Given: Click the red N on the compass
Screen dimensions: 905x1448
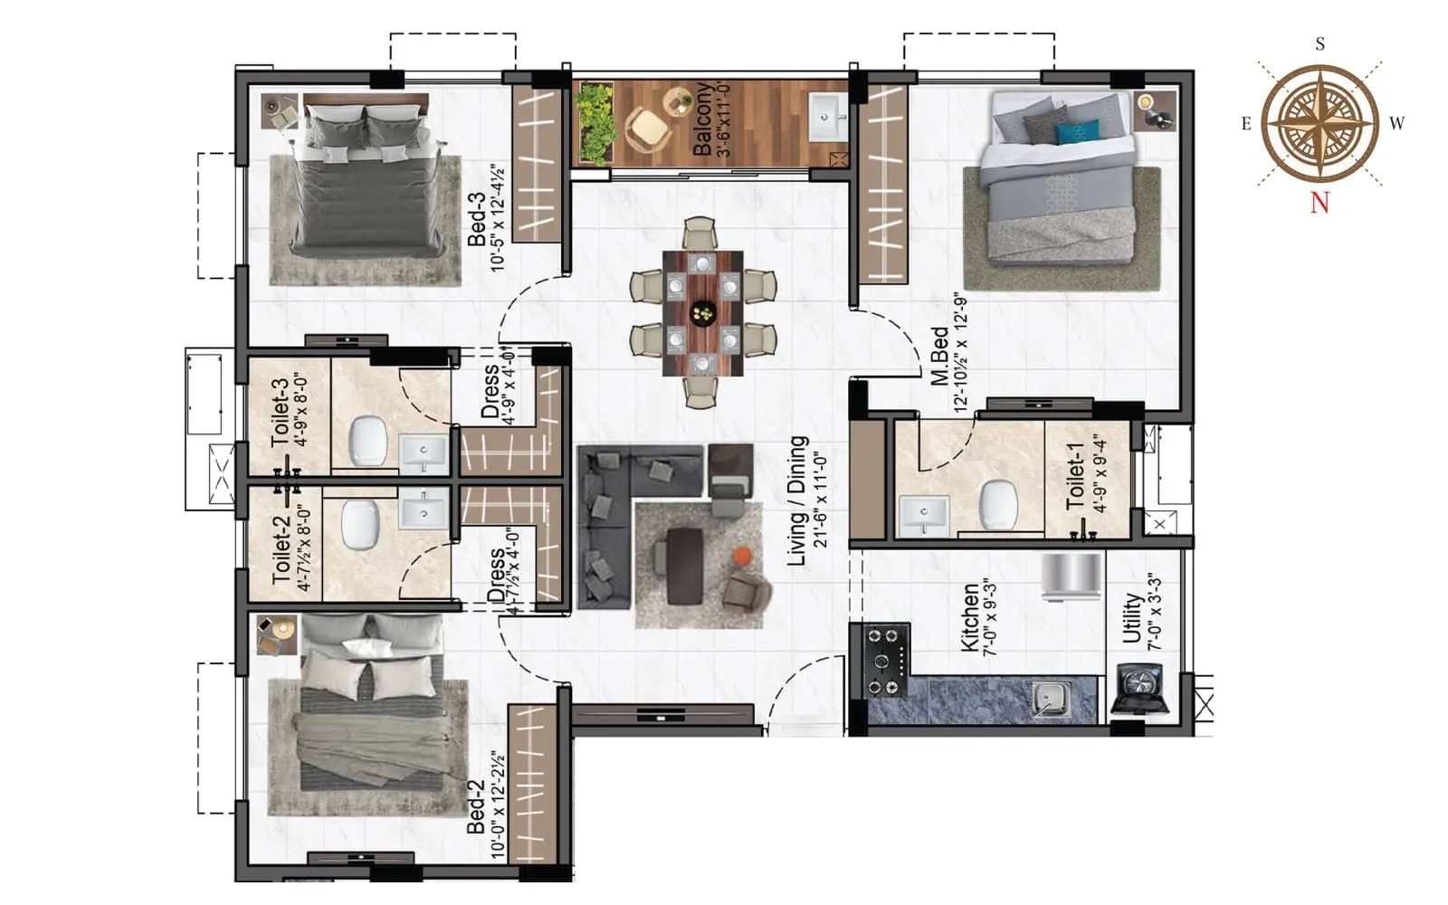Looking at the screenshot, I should pyautogui.click(x=1319, y=202).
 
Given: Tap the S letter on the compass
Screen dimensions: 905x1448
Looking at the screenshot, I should pyautogui.click(x=1320, y=44).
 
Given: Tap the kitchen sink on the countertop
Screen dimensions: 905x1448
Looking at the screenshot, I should pyautogui.click(x=1052, y=698).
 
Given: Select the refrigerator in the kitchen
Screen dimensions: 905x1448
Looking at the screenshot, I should pyautogui.click(x=1072, y=576).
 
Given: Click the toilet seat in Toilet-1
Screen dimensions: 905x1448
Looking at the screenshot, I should pyautogui.click(x=999, y=504).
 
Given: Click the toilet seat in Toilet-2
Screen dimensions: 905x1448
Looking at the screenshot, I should pyautogui.click(x=360, y=526).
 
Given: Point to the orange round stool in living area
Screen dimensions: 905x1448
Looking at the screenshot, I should pyautogui.click(x=741, y=556).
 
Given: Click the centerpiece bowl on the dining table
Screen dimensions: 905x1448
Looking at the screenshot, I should pyautogui.click(x=702, y=314).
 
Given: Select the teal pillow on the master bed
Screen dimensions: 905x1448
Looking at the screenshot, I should pyautogui.click(x=1078, y=133).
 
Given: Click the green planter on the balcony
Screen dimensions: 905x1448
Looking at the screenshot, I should pyautogui.click(x=595, y=123).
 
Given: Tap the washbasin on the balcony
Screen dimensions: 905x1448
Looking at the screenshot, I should pyautogui.click(x=827, y=116).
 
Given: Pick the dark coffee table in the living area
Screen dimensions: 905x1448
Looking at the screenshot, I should pyautogui.click(x=684, y=567).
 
